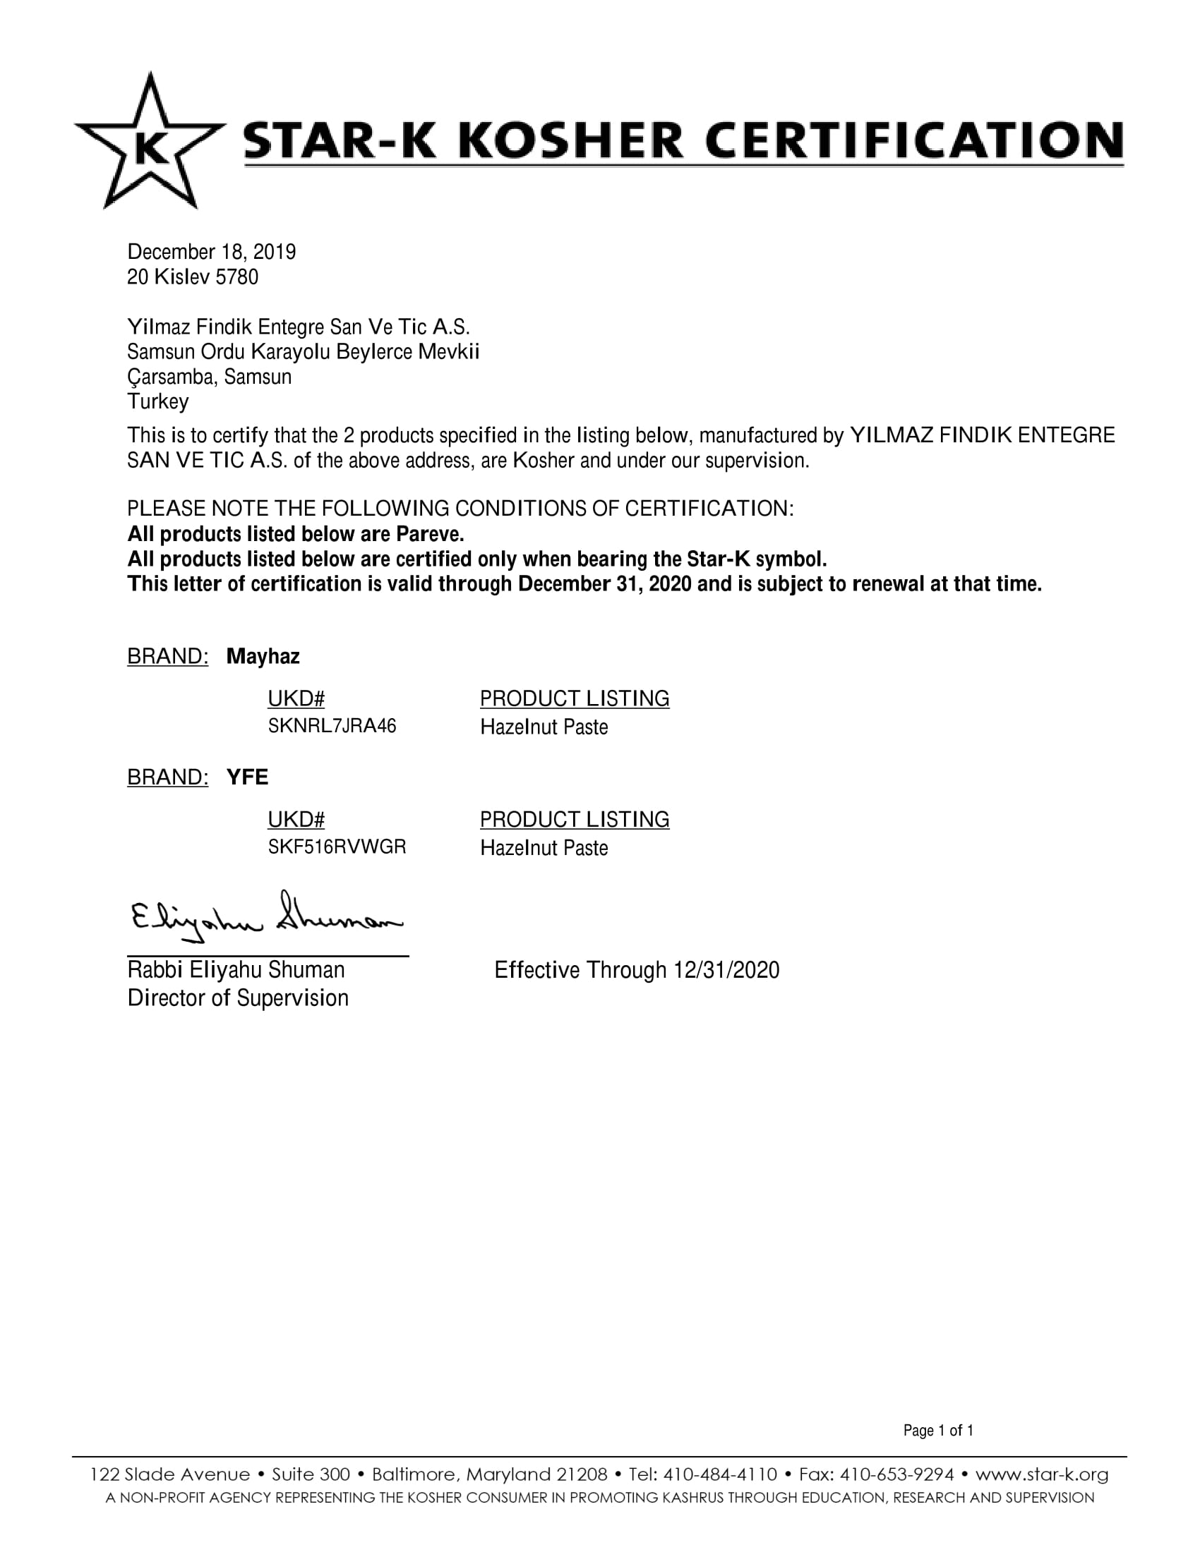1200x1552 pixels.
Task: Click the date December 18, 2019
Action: (x=211, y=253)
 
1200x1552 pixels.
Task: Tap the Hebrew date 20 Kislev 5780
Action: (x=192, y=277)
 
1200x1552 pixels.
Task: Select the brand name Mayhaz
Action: (x=263, y=657)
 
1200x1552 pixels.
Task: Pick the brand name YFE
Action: (x=247, y=777)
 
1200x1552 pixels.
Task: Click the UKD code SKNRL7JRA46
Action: (x=331, y=726)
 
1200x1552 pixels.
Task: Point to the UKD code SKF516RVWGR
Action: (x=336, y=847)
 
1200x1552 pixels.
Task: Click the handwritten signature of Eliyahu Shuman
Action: (x=265, y=917)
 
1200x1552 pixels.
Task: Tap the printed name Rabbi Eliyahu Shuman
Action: (x=235, y=970)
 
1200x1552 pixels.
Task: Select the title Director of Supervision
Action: (x=237, y=998)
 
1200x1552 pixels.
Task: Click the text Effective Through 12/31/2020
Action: (x=636, y=970)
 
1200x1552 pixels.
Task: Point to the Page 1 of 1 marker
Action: (x=937, y=1430)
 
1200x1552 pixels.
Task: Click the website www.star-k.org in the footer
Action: (x=1041, y=1474)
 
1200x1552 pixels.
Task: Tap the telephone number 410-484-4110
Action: (x=719, y=1474)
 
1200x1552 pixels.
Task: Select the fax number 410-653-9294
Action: (x=896, y=1474)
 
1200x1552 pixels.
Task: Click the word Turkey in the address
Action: (x=158, y=402)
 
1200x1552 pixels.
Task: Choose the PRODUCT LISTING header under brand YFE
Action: (x=574, y=819)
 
